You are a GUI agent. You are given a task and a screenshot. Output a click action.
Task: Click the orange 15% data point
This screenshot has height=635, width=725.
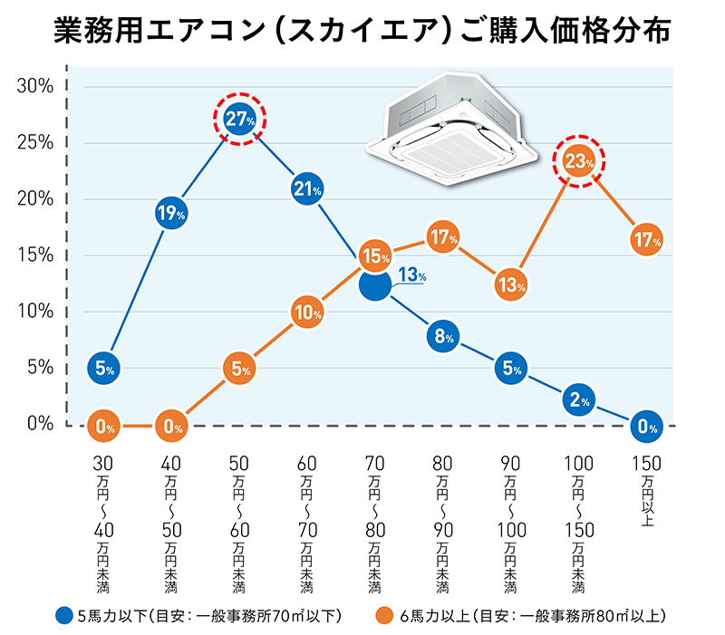375,256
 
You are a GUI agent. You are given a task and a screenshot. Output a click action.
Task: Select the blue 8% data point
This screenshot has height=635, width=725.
443,336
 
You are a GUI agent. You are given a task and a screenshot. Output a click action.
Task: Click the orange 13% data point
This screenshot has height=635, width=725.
511,284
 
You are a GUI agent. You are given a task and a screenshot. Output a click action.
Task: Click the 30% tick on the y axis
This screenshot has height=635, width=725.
36,86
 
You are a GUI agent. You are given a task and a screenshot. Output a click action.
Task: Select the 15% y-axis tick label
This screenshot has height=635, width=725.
36,255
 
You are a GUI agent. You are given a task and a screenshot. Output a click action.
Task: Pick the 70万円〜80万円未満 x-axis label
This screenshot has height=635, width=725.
375,525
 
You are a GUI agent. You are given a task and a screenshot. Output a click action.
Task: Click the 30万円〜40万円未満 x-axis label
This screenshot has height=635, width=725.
104,525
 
